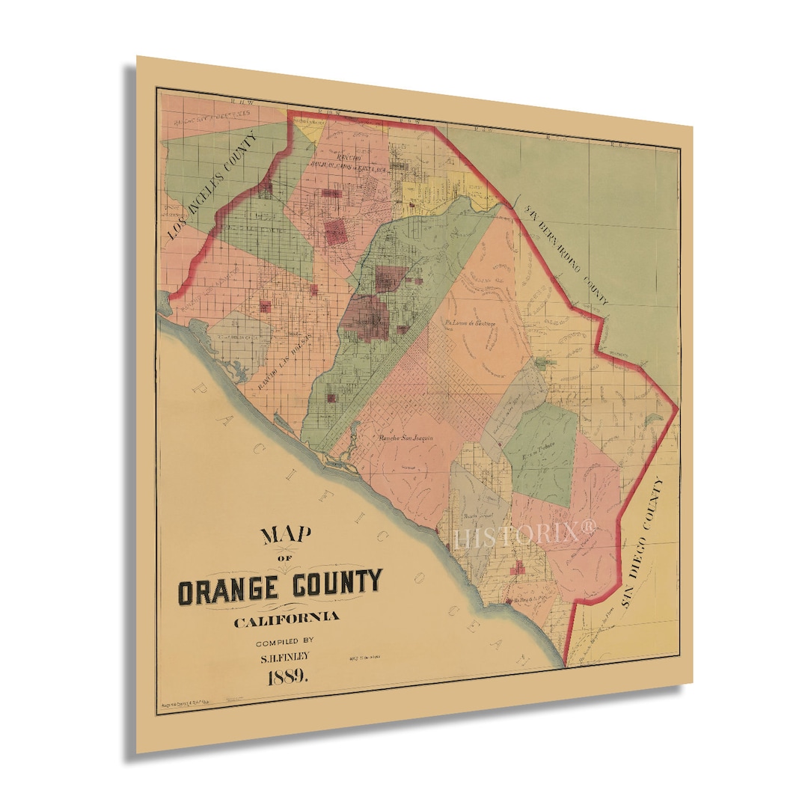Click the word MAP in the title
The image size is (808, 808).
(287, 536)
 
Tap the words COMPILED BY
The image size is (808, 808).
(286, 640)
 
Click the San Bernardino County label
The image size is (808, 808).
(566, 254)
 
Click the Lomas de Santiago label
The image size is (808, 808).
(470, 322)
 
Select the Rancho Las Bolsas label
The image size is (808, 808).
(284, 360)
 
